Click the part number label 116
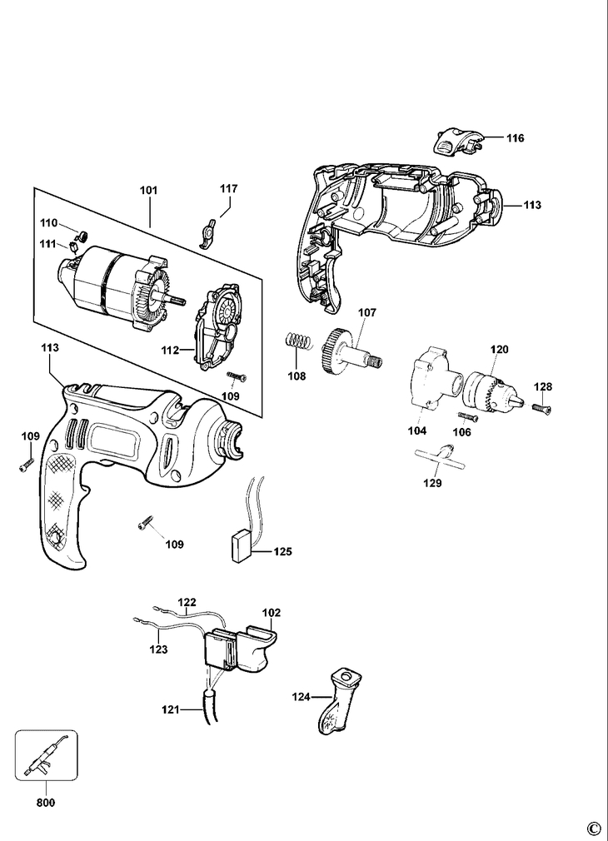tap(516, 138)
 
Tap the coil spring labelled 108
tap(298, 341)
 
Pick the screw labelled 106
tap(467, 416)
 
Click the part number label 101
tap(148, 190)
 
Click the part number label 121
tap(170, 709)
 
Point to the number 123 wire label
tap(159, 649)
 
